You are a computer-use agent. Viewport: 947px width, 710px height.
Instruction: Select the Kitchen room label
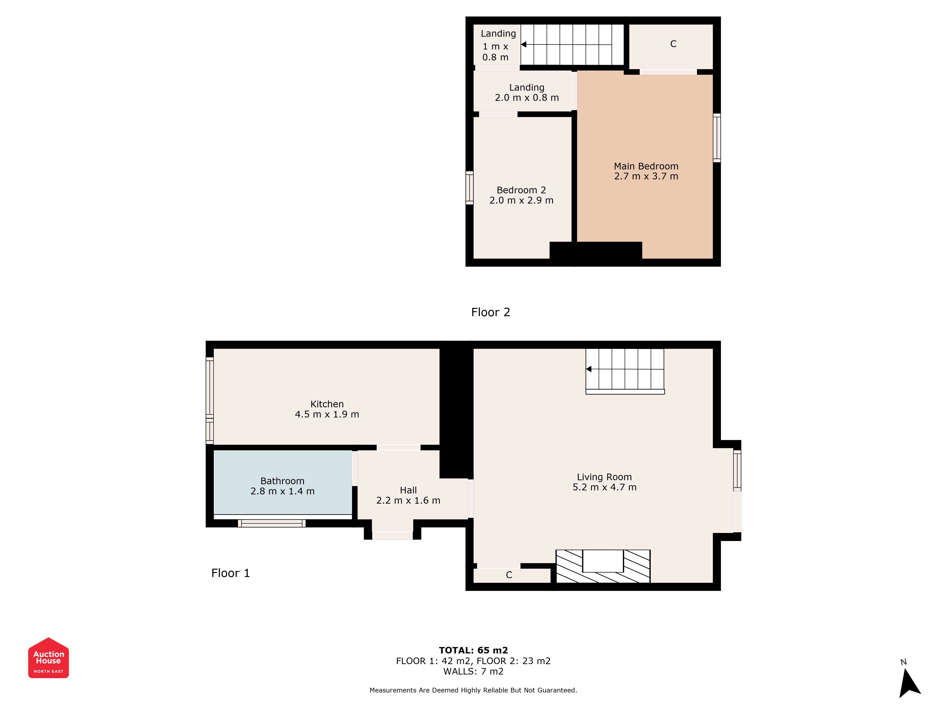[x=327, y=404]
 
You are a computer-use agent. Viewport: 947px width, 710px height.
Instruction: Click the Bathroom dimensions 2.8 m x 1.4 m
[x=282, y=491]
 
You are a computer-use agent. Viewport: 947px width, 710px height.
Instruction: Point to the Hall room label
[x=408, y=490]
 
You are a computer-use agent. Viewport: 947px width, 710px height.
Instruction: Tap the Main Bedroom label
[x=646, y=166]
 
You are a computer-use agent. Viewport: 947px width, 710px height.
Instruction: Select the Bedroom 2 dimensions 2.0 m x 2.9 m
[x=522, y=200]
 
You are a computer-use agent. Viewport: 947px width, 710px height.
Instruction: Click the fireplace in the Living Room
[x=603, y=566]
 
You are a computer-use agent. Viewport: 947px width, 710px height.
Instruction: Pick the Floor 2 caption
[x=491, y=312]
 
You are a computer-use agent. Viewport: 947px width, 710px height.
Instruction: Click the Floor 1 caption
[x=230, y=573]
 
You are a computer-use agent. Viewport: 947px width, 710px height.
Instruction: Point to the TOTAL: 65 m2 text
[x=473, y=650]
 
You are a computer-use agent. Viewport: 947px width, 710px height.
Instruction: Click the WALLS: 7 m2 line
[x=473, y=671]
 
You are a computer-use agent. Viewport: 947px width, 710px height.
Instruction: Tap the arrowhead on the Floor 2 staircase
[x=524, y=44]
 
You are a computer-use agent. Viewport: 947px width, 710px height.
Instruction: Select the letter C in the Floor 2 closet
[x=673, y=44]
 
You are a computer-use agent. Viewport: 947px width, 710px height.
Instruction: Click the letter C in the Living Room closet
[x=509, y=575]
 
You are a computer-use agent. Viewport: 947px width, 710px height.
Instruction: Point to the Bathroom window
[x=272, y=523]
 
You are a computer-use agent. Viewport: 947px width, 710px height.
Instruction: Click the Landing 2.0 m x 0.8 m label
[x=527, y=93]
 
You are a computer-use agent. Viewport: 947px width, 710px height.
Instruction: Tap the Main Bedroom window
[x=717, y=138]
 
